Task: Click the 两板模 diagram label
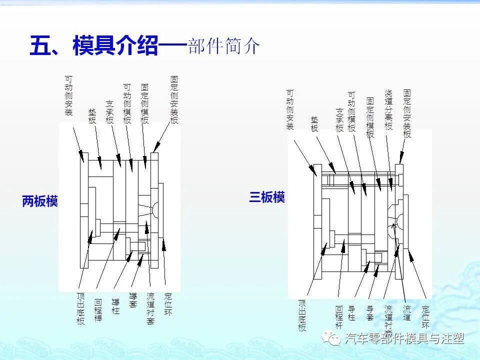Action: pos(40,201)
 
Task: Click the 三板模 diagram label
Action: pos(267,197)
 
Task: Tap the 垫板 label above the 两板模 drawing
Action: pos(92,116)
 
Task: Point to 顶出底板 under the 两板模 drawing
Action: pos(81,309)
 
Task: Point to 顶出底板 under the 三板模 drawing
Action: pos(302,315)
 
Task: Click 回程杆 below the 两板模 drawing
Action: pos(98,310)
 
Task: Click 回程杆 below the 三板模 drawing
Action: pos(339,317)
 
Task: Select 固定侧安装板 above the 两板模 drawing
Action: pos(174,99)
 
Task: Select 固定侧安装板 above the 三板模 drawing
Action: pos(407,113)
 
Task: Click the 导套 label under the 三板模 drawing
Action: pos(370,313)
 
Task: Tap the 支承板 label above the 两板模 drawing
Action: pos(110,112)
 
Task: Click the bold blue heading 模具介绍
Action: pos(115,46)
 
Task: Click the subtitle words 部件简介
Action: pos(224,46)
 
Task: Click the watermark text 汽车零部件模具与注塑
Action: pos(404,339)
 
